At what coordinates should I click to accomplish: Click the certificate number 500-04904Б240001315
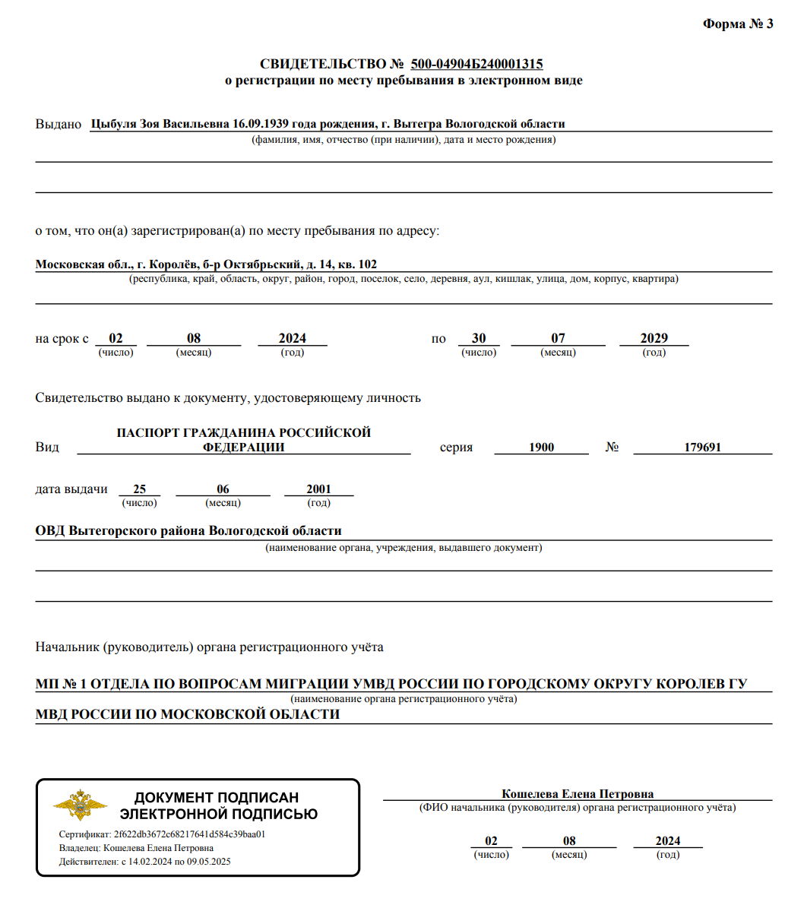[476, 65]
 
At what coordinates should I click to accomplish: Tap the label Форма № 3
[737, 24]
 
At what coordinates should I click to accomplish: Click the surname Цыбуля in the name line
[112, 124]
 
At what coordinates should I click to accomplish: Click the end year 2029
[654, 338]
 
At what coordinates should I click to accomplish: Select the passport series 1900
[541, 448]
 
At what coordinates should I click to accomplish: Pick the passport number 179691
[702, 448]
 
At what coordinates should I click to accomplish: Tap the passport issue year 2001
[318, 489]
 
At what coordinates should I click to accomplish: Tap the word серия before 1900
[456, 448]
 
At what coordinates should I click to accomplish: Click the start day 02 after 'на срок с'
[116, 338]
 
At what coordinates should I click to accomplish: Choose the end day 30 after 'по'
[479, 338]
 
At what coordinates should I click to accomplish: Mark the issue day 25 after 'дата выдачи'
[139, 489]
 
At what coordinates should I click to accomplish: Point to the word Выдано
[58, 124]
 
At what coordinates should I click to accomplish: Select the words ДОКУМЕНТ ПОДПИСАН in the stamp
[217, 798]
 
